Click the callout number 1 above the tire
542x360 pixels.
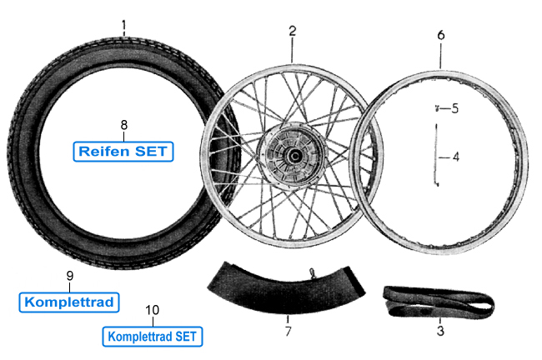(123, 25)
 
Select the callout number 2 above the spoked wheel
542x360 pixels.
(292, 31)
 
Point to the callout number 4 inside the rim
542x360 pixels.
(455, 156)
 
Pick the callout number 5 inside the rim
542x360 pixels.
(455, 108)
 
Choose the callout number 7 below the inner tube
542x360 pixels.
(288, 332)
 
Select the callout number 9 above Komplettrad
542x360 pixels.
(70, 276)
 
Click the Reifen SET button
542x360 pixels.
(123, 152)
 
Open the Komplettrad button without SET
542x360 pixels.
(70, 300)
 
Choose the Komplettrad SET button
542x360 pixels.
(152, 336)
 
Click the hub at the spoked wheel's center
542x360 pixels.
(291, 155)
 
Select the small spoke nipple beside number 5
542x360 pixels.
(435, 108)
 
